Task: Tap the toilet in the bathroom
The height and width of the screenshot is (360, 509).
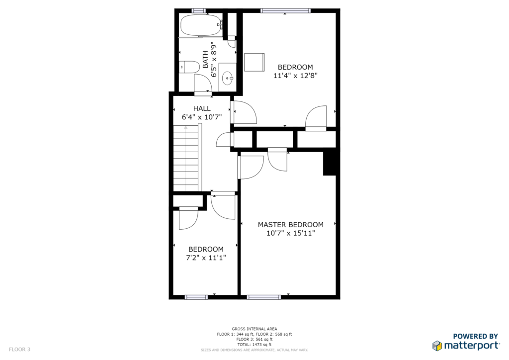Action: click(x=189, y=67)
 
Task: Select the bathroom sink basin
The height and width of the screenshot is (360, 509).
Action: click(x=228, y=78)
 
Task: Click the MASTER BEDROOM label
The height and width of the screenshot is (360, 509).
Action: click(x=290, y=225)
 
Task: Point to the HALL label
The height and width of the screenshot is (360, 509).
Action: click(x=202, y=108)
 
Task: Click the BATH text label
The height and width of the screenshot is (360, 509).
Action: click(x=205, y=59)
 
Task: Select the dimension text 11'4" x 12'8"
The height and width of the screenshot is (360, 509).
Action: click(x=295, y=76)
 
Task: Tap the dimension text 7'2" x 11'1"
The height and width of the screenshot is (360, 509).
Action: click(x=206, y=258)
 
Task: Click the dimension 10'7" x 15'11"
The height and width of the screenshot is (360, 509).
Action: click(x=290, y=233)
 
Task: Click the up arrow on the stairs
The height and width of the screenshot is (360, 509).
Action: click(x=186, y=128)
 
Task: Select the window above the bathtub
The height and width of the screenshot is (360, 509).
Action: click(x=199, y=11)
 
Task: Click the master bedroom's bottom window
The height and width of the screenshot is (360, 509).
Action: click(x=264, y=297)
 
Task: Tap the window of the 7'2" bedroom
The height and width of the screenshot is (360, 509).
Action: click(x=196, y=297)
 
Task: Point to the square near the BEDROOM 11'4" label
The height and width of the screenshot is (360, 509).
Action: click(x=254, y=62)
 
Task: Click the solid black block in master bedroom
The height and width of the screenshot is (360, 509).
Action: click(x=330, y=164)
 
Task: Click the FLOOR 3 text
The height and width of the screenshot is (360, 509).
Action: click(x=19, y=350)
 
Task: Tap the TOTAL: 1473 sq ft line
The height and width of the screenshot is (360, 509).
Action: click(x=254, y=345)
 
